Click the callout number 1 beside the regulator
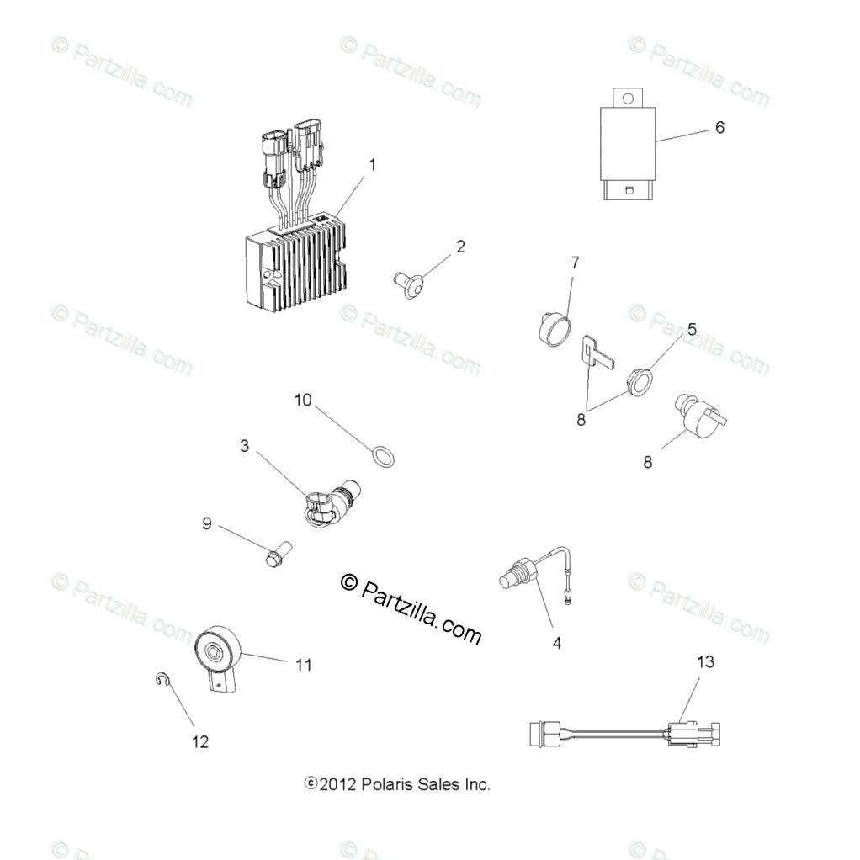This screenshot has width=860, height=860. [x=373, y=164]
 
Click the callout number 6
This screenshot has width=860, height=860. [x=719, y=128]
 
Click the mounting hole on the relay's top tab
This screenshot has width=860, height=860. [x=628, y=98]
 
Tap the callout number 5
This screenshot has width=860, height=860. [x=692, y=329]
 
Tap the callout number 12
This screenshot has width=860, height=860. [x=199, y=741]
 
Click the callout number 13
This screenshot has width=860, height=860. [x=705, y=662]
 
